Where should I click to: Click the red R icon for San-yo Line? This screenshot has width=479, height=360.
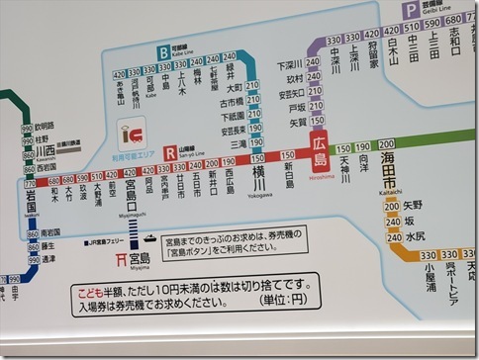[x=171, y=152]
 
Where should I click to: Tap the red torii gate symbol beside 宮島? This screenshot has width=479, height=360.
[x=121, y=259]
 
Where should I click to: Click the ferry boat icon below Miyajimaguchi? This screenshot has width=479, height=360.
[x=147, y=238]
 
